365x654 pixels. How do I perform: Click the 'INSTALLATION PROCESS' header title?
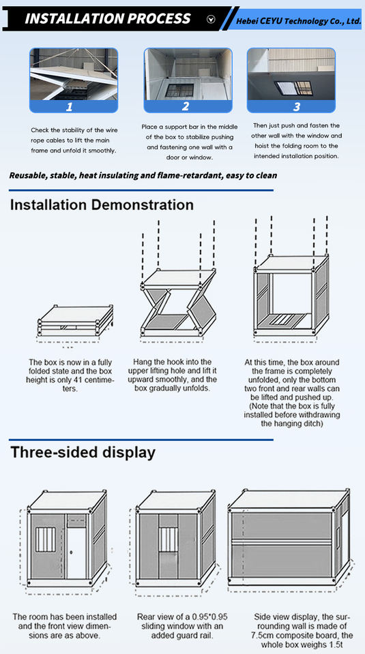pyautogui.click(x=107, y=19)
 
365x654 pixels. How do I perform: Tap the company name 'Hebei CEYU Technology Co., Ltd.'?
pyautogui.click(x=298, y=21)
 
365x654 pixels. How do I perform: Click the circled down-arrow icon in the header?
pyautogui.click(x=211, y=19)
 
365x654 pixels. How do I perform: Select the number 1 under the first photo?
pyautogui.click(x=70, y=107)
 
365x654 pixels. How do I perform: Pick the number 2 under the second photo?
pyautogui.click(x=186, y=106)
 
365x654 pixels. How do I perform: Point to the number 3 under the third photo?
pyautogui.click(x=297, y=107)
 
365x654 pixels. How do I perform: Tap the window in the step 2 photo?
pyautogui.click(x=179, y=91)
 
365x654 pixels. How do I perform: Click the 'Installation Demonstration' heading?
pyautogui.click(x=102, y=205)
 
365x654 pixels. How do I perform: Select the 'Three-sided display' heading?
pyautogui.click(x=83, y=452)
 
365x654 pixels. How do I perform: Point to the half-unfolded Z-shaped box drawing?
pyautogui.click(x=178, y=302)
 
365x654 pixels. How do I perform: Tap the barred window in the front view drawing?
pyautogui.click(x=45, y=540)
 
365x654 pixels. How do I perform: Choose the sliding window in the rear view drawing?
pyautogui.click(x=167, y=540)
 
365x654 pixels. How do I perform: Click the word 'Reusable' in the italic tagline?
pyautogui.click(x=27, y=175)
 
